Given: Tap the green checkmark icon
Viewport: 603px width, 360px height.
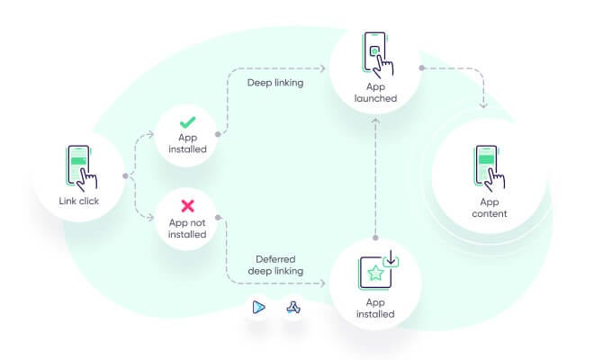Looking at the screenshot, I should point(187,121).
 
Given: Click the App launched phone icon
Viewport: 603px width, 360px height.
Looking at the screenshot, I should point(375,51).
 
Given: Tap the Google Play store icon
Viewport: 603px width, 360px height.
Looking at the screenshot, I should point(258,307).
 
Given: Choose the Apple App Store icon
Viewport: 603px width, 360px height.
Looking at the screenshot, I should point(294,307).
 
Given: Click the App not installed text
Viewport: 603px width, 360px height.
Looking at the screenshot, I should point(187,228).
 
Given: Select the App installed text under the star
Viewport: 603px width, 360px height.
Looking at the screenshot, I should point(375,309).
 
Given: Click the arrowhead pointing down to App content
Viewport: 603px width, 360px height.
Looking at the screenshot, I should point(484,105).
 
